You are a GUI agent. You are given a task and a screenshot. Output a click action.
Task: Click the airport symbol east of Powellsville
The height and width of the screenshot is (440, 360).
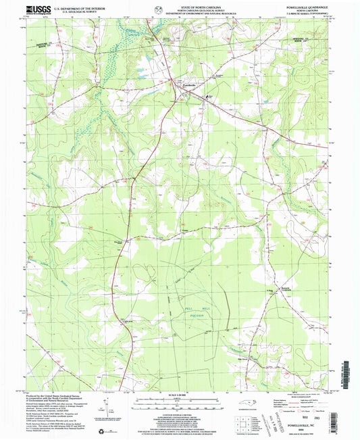point(210,96)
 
